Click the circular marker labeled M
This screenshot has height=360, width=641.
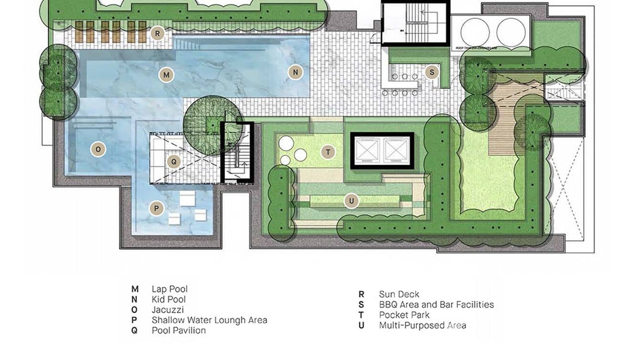click(x=166, y=75)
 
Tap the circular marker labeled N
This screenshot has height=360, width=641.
click(x=296, y=72)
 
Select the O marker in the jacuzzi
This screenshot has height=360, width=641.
click(x=98, y=149)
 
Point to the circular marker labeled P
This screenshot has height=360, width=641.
click(x=156, y=209)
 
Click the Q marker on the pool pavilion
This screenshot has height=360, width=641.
click(x=174, y=161)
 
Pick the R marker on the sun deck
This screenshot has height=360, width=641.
click(x=157, y=33)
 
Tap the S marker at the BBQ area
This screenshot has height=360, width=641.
click(x=432, y=73)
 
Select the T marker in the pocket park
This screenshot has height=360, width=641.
click(x=328, y=152)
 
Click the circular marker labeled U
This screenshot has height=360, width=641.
click(x=352, y=201)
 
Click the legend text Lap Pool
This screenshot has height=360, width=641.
click(x=170, y=289)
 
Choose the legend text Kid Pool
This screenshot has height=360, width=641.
click(x=168, y=299)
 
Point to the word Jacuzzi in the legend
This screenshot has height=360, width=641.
click(x=168, y=310)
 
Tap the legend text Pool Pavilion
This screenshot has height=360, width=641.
click(x=179, y=330)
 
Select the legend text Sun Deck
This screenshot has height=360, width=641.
click(x=399, y=294)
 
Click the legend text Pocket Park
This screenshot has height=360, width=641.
click(x=404, y=315)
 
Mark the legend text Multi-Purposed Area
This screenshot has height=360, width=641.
click(x=422, y=326)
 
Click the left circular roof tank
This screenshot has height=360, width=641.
click(x=475, y=32)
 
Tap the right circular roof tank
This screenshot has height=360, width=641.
click(x=511, y=32)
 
